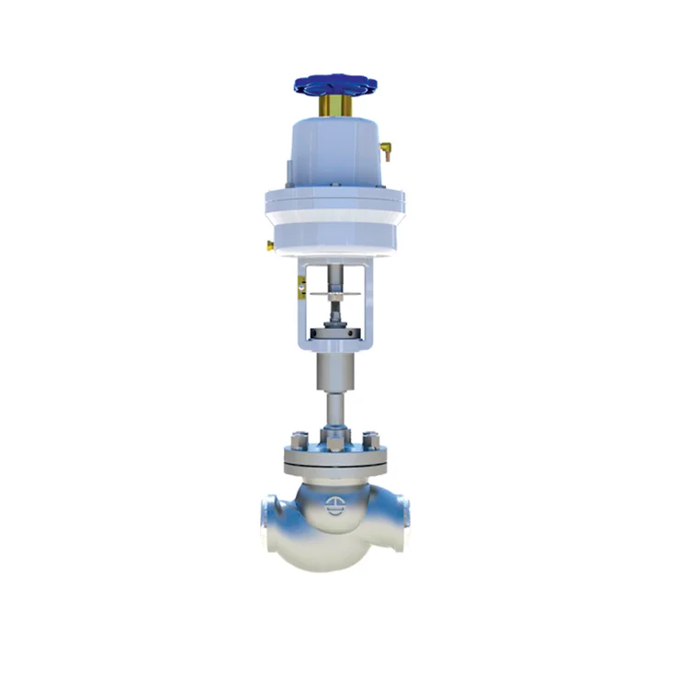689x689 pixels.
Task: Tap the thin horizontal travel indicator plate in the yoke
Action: coord(339,295)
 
